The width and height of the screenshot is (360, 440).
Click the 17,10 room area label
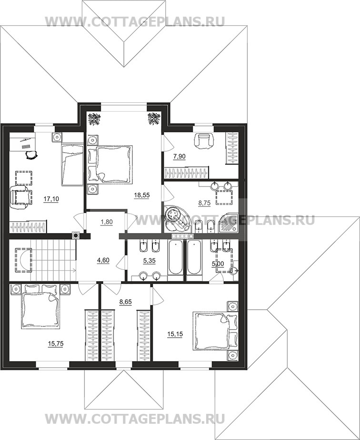click(x=51, y=199)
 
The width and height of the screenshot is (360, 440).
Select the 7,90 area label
click(x=180, y=156)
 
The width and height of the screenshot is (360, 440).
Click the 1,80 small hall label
click(x=107, y=222)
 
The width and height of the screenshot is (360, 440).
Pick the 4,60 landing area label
click(x=103, y=260)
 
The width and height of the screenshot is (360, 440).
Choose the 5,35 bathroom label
click(x=150, y=261)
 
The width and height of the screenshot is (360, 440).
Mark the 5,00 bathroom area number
click(x=218, y=264)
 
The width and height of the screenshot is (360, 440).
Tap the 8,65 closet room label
click(x=126, y=302)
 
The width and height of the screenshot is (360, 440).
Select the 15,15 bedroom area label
click(x=175, y=334)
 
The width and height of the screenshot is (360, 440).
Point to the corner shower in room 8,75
click(x=228, y=223)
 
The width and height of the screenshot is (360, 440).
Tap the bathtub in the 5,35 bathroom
click(x=175, y=257)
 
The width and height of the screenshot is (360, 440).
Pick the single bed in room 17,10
click(x=72, y=165)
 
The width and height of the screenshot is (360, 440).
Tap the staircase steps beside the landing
click(x=53, y=260)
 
